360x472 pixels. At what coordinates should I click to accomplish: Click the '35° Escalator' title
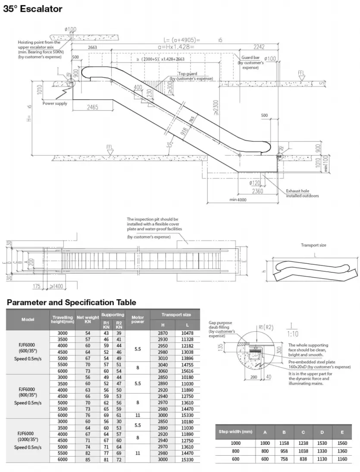33,9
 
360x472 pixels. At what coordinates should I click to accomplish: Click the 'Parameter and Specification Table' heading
71,302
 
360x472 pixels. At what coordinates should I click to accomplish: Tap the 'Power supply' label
55,103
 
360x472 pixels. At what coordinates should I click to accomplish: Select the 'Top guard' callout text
188,74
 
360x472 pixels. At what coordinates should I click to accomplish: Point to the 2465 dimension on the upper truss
92,107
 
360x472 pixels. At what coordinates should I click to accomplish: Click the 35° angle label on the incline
170,145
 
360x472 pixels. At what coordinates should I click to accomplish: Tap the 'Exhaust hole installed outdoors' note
303,193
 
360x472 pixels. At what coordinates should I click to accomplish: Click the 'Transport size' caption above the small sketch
313,245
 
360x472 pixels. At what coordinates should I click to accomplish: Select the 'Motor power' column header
138,319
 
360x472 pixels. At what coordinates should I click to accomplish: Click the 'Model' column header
28,319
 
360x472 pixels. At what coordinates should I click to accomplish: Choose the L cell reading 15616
188,371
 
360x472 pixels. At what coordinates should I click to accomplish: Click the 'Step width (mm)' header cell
235,431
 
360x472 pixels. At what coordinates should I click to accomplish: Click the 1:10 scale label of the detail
294,334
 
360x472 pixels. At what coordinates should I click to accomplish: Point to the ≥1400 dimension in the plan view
55,286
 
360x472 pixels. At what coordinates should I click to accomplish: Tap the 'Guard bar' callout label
250,57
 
